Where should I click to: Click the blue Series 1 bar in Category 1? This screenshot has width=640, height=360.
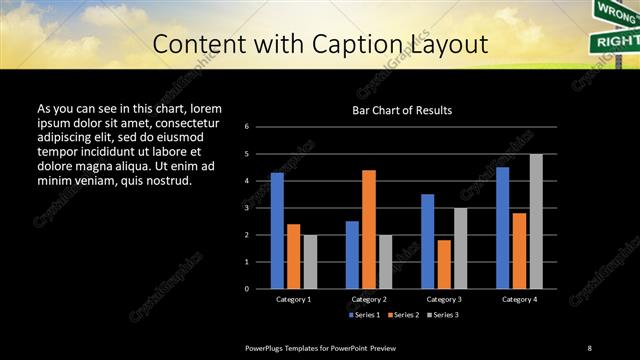pos(277,231)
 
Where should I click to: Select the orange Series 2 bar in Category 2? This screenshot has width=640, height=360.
pos(368,229)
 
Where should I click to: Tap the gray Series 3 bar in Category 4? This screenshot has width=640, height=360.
pos(536,221)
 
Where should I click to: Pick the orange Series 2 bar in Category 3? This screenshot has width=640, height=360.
pos(444,264)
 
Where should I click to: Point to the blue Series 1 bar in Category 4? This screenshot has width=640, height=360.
pos(502,228)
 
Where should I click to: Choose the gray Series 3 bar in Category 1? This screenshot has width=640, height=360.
pos(310,262)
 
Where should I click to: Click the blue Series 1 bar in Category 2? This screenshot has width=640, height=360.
pos(352,255)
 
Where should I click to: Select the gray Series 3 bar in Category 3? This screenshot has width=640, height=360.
pos(460,248)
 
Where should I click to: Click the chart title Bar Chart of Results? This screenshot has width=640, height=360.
pos(402,110)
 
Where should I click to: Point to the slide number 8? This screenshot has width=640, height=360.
pos(589,347)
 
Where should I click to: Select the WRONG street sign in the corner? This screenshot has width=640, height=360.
pos(612,12)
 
